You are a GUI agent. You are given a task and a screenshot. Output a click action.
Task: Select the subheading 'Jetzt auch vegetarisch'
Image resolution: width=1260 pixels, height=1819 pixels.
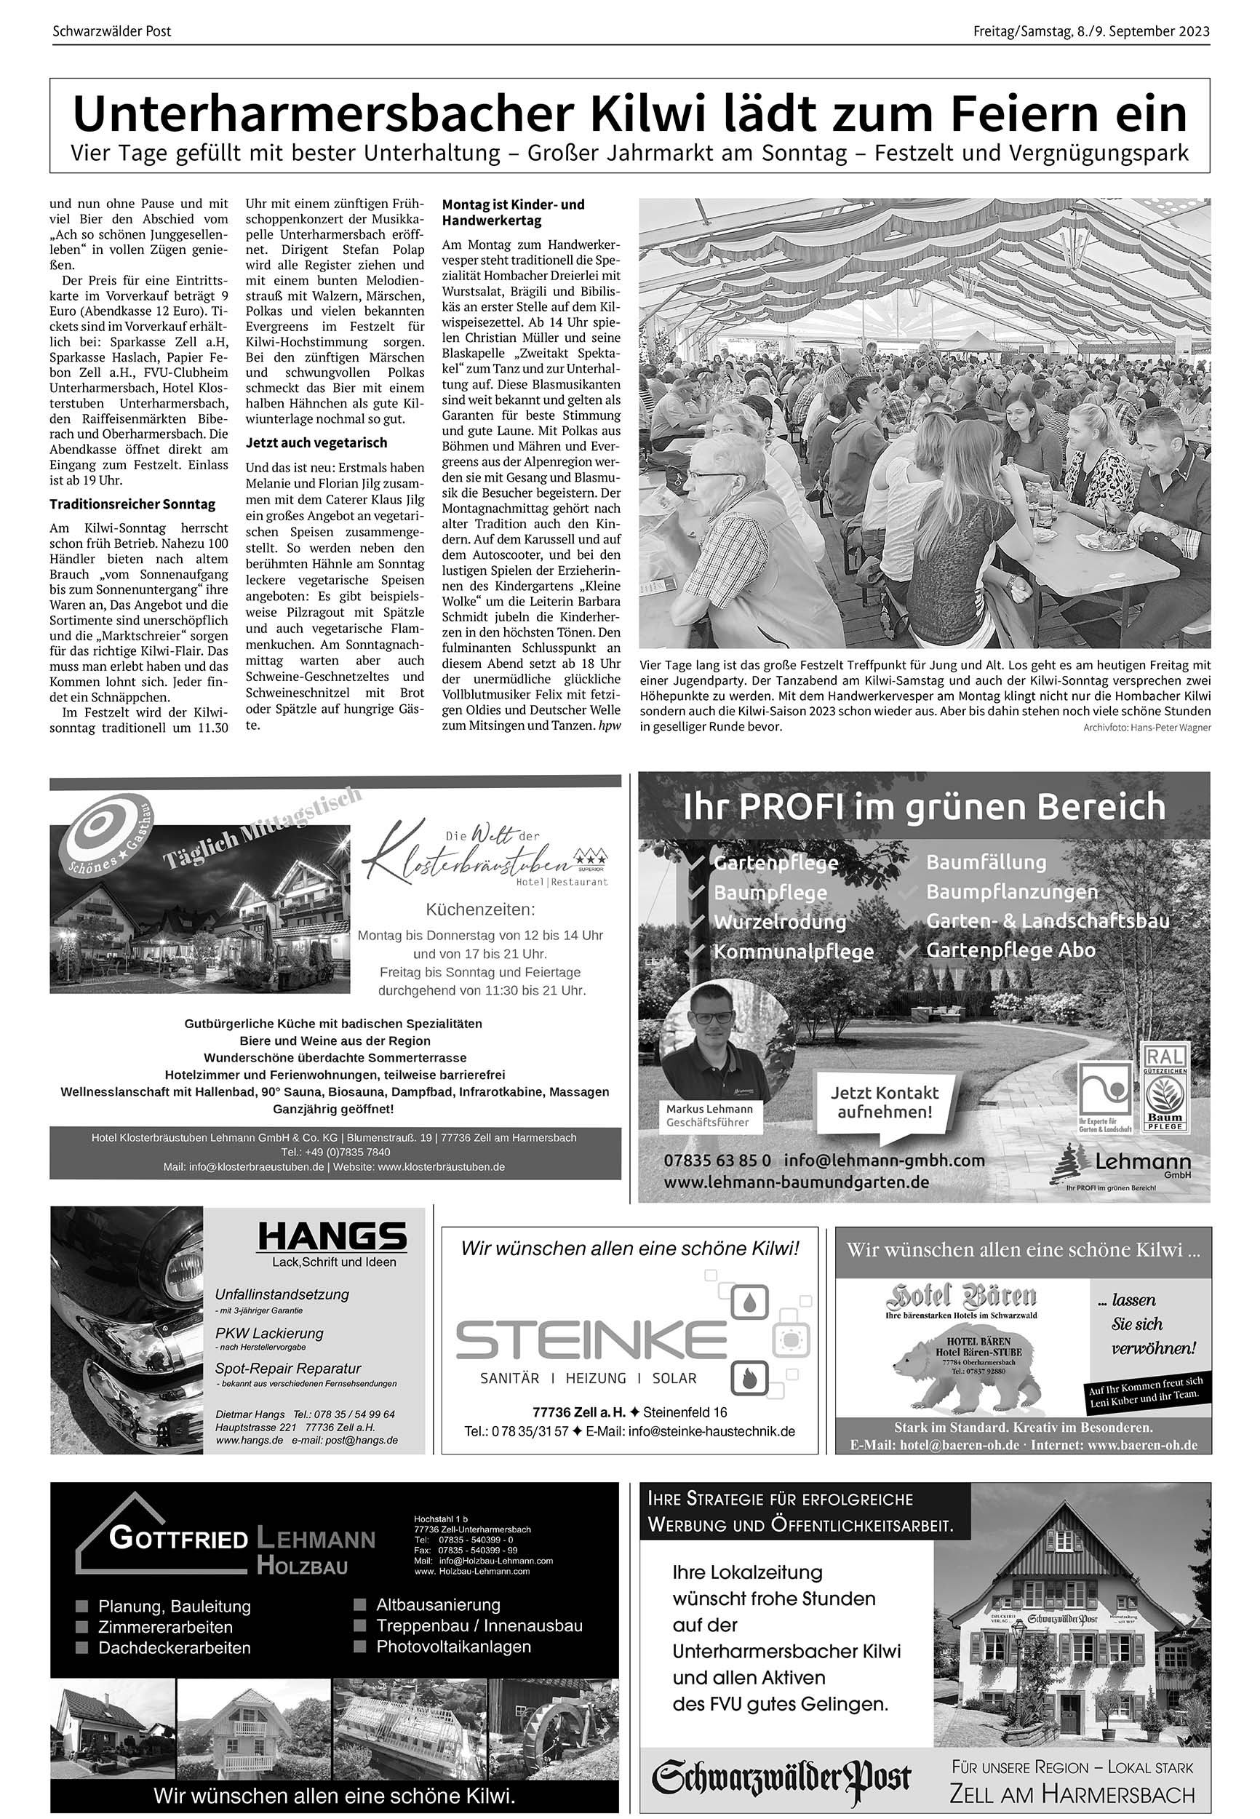coord(316,443)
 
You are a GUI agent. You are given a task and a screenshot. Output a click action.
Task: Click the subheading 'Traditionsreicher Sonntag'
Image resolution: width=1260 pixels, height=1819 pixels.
coord(132,503)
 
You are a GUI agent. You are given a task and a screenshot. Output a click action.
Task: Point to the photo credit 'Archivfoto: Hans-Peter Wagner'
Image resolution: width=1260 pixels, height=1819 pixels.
coord(1147,728)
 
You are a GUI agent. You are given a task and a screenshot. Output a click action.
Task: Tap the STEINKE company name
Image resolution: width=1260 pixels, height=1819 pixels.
coord(591,1339)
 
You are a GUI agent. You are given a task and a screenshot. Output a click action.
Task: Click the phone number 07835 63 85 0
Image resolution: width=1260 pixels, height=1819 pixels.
coord(717,1161)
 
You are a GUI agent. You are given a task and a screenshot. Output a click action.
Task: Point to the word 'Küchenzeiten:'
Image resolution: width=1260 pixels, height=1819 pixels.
coord(481,909)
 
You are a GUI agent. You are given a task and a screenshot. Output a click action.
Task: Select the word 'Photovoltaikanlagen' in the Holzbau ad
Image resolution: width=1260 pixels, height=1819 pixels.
coord(453,1646)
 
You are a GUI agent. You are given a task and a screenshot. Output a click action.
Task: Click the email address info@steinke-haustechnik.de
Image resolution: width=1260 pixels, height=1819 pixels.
coord(711,1431)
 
